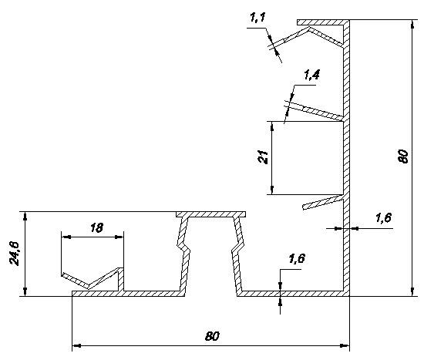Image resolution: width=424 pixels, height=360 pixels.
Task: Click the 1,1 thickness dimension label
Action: pyautogui.click(x=258, y=17)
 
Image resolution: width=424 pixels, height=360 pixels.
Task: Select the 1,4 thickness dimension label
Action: pyautogui.click(x=311, y=75)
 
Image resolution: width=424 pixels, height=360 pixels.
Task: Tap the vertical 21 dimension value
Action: pyautogui.click(x=263, y=156)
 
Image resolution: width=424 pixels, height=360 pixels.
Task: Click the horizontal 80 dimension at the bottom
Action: pyautogui.click(x=212, y=336)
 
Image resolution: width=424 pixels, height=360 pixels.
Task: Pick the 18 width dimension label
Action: pyautogui.click(x=96, y=227)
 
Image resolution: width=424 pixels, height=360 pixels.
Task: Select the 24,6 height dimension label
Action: pyautogui.click(x=15, y=254)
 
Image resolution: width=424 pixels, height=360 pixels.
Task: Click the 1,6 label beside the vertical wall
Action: pyautogui.click(x=383, y=217)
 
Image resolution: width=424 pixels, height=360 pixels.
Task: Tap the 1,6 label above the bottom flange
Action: pyautogui.click(x=297, y=258)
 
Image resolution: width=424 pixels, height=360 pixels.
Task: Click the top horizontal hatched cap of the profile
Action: pyautogui.click(x=323, y=22)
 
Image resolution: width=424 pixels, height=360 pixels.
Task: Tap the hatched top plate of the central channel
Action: pyautogui.click(x=211, y=214)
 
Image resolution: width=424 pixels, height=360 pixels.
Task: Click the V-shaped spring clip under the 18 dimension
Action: pyautogui.click(x=92, y=278)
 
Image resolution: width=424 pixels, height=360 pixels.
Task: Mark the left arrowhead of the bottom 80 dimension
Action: pyautogui.click(x=77, y=345)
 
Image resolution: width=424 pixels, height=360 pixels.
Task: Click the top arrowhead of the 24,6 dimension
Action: pyautogui.click(x=25, y=217)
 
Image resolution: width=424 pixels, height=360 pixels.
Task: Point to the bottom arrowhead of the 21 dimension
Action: pyautogui.click(x=272, y=190)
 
